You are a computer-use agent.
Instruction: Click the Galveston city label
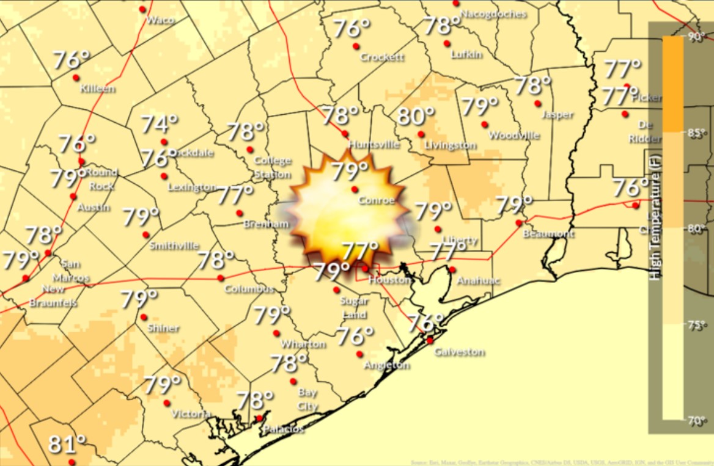click(459, 352)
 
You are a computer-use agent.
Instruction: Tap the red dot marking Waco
click(142, 9)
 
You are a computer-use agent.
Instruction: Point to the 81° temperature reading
click(67, 445)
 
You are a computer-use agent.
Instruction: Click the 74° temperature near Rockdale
click(155, 125)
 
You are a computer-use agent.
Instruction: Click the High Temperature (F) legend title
click(656, 217)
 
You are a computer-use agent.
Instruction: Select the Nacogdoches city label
click(493, 13)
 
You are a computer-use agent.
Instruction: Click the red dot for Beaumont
click(518, 223)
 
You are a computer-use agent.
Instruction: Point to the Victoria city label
click(191, 414)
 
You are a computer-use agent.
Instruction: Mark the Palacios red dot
click(259, 418)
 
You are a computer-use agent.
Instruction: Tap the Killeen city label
click(98, 89)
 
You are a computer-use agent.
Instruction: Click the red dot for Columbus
click(220, 278)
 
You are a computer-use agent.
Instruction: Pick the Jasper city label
click(558, 115)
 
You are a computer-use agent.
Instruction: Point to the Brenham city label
click(265, 224)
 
